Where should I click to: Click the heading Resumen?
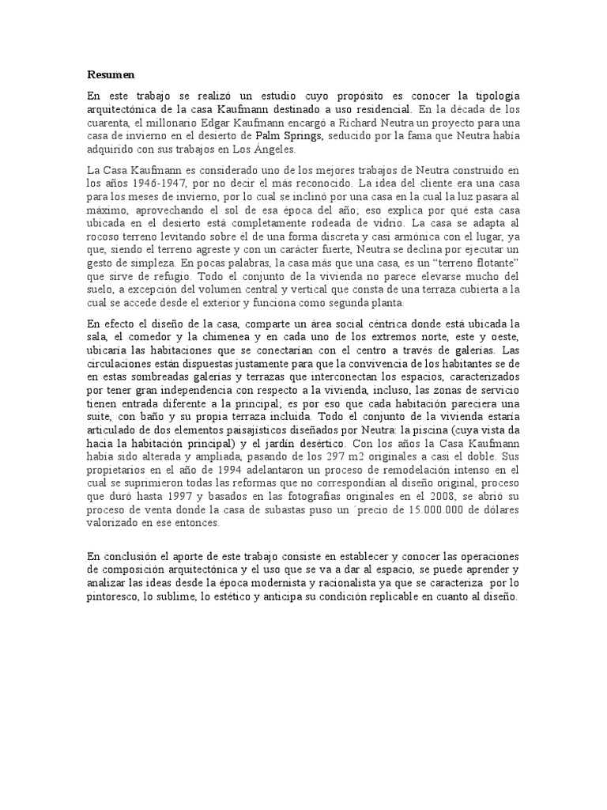(111, 74)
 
